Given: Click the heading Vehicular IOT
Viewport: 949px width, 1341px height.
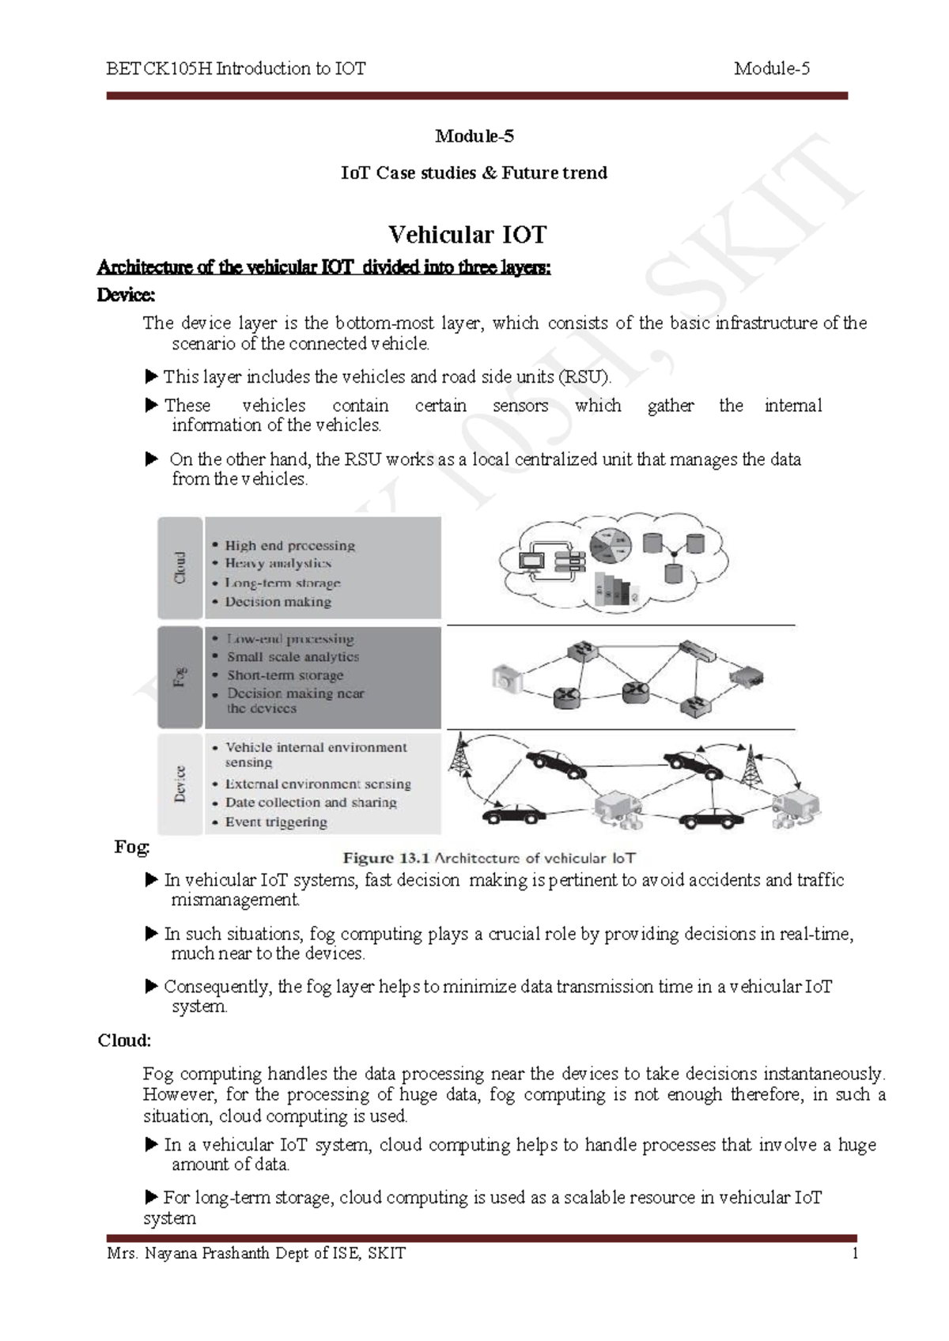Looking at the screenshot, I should (467, 235).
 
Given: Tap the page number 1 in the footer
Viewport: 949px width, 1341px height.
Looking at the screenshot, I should (855, 1253).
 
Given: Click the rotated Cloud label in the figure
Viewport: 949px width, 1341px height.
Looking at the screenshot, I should (180, 568).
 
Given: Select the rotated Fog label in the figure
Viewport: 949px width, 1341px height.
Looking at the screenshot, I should (180, 677).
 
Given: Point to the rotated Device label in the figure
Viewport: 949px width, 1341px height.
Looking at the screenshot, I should (180, 784).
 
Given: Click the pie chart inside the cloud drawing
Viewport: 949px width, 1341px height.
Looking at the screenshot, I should (611, 545).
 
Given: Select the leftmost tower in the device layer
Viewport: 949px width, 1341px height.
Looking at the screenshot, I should (458, 756).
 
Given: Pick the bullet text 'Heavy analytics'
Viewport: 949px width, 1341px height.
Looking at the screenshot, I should (278, 564).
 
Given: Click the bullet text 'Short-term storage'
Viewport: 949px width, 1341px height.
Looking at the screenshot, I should (285, 675).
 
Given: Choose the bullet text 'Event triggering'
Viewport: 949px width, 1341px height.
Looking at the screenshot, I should (276, 822).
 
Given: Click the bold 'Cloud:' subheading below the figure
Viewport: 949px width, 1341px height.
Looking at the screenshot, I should (124, 1041).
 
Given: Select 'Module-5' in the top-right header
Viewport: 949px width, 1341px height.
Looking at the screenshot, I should (771, 69).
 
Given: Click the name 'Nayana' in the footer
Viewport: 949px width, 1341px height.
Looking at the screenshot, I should (171, 1253).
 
